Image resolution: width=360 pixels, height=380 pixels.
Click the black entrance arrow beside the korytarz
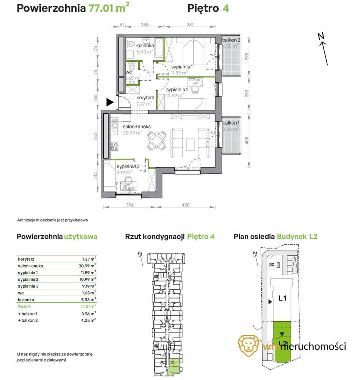pos(110,102)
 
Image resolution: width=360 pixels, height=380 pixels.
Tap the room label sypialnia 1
pos(182,67)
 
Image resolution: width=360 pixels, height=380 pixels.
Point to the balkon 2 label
pos(231,40)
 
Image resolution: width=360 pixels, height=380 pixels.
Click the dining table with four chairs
pos(156,140)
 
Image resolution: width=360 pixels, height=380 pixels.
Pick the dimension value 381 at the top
pos(190,25)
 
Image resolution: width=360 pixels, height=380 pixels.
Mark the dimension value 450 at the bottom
pos(185,205)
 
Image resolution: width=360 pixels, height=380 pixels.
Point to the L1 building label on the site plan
pos(282,299)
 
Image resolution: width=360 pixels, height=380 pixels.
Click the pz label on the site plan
pos(272,264)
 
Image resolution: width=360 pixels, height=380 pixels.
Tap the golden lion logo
pos(249,345)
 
